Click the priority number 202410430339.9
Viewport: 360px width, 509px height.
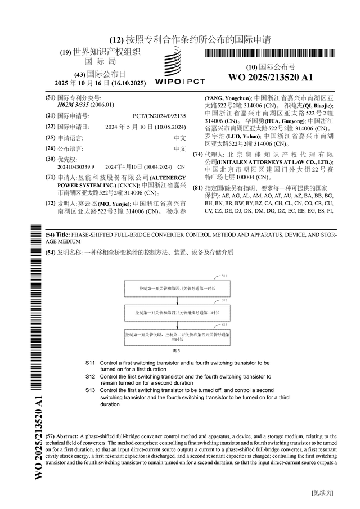(75, 167)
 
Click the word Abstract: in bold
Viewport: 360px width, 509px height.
(66, 436)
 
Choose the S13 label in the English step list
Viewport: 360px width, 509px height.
(91, 390)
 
